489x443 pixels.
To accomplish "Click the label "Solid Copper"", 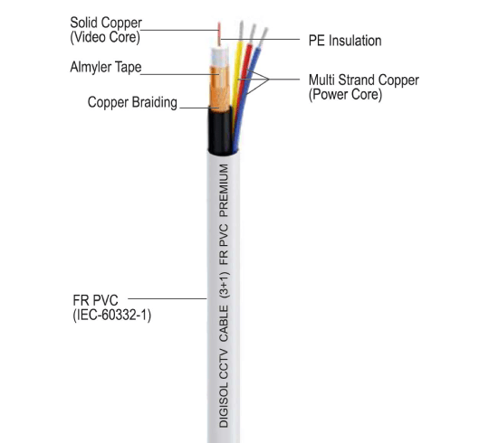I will (107, 22).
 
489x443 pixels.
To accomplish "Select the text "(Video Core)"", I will (107, 38).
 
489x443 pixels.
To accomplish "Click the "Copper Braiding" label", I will (132, 102).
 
